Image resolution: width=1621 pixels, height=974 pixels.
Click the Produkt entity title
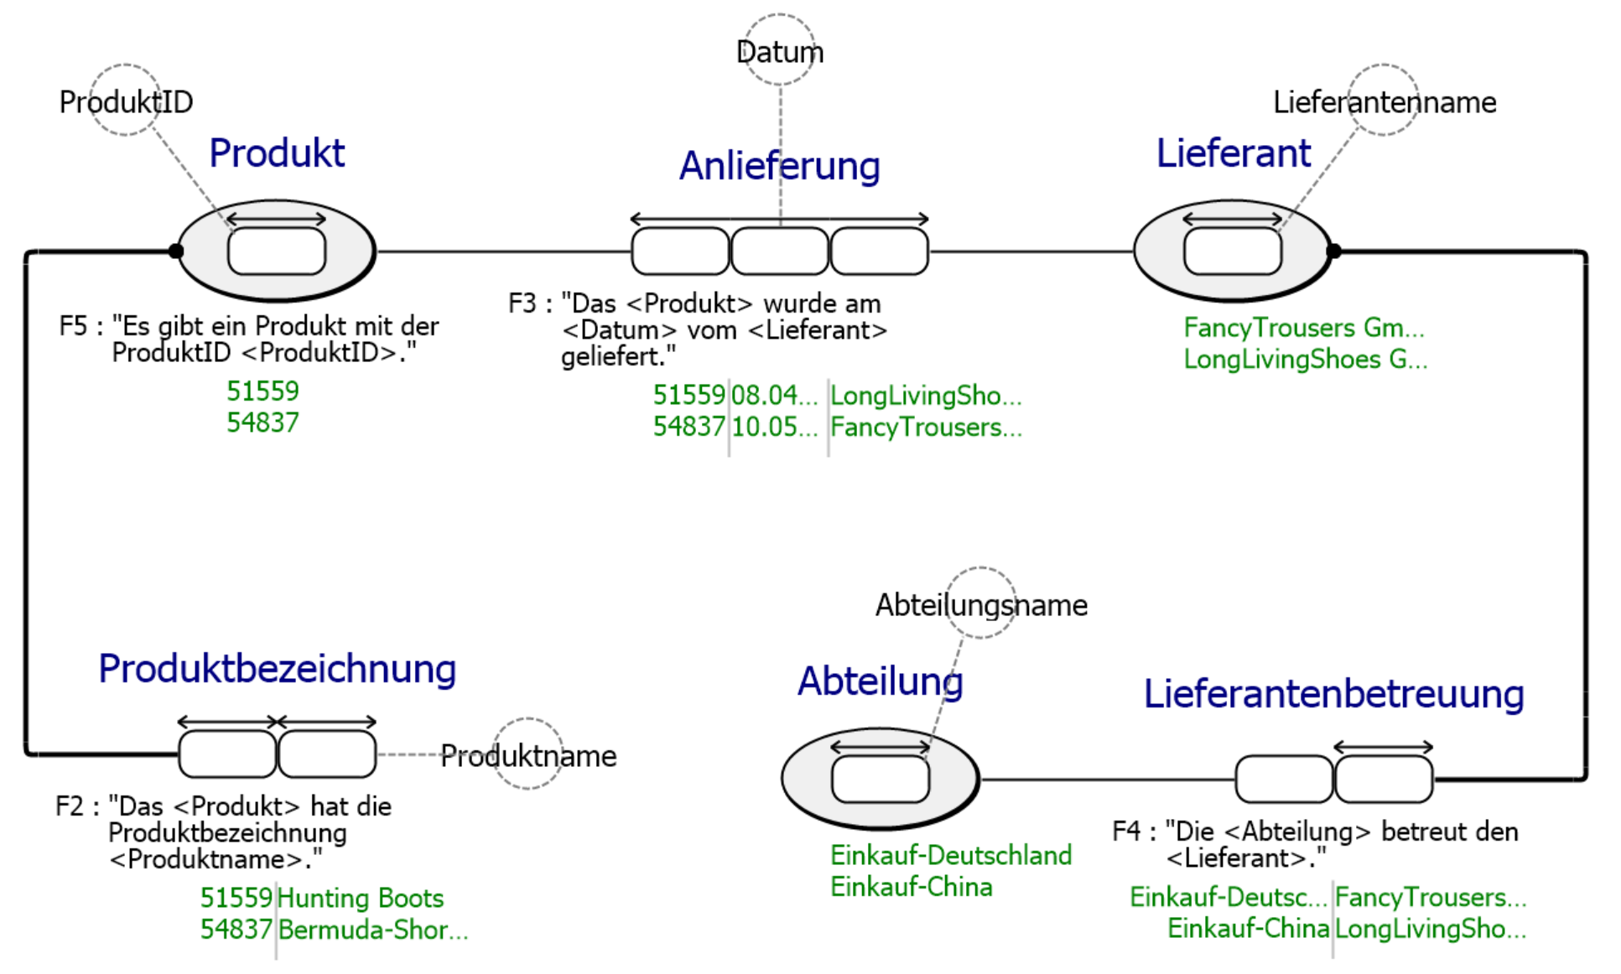[x=277, y=153]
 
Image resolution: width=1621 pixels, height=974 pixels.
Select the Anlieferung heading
[x=779, y=165]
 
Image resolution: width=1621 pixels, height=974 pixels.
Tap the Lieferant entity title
[x=1233, y=153]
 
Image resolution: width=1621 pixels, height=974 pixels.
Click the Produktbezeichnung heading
[x=277, y=669]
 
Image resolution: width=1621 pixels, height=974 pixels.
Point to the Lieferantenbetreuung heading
[x=1333, y=694]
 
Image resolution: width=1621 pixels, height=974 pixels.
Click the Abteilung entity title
[x=880, y=681]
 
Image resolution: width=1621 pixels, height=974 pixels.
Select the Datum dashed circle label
[x=780, y=52]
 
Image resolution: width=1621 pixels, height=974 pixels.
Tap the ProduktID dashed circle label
[x=126, y=102]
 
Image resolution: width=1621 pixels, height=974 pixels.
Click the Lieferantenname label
[x=1384, y=102]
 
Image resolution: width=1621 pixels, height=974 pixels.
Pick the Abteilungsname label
[x=981, y=605]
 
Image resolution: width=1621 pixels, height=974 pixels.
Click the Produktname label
[x=528, y=756]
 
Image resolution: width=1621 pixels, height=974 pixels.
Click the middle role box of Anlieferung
[x=780, y=251]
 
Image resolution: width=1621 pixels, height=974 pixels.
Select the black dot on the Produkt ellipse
[x=176, y=251]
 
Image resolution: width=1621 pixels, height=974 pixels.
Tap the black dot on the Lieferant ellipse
[x=1333, y=251]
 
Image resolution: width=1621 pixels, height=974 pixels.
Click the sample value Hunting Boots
[x=360, y=899]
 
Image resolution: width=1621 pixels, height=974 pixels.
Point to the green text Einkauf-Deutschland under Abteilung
[x=951, y=855]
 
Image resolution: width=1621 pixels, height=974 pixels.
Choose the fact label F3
[x=522, y=303]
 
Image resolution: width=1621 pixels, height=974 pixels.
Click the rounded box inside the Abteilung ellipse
[x=881, y=779]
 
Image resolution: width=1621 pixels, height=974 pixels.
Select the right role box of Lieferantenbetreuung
[x=1384, y=779]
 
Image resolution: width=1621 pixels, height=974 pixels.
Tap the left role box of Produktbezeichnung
[x=227, y=754]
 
